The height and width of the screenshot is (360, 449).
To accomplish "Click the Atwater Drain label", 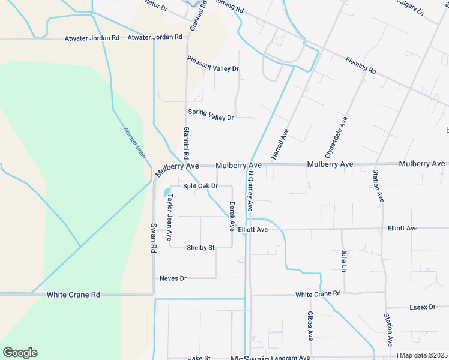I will pyautogui.click(x=135, y=142).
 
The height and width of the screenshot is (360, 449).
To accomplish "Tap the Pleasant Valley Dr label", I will pyautogui.click(x=212, y=64).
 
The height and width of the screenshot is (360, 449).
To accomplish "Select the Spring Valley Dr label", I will pyautogui.click(x=210, y=114).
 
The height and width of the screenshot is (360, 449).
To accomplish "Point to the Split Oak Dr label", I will pyautogui.click(x=200, y=186).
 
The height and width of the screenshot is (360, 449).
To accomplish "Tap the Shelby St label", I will pyautogui.click(x=200, y=247).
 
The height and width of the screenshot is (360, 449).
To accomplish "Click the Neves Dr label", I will pyautogui.click(x=173, y=278).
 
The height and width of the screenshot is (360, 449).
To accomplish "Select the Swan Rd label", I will pyautogui.click(x=154, y=238).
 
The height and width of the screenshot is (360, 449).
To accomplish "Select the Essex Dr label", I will pyautogui.click(x=422, y=307).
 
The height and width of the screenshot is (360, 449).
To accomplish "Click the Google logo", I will pyautogui.click(x=20, y=353).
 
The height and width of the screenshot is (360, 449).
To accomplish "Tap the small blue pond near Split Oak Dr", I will pyautogui.click(x=166, y=193).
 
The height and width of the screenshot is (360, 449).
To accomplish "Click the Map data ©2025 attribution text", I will pyautogui.click(x=423, y=355).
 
